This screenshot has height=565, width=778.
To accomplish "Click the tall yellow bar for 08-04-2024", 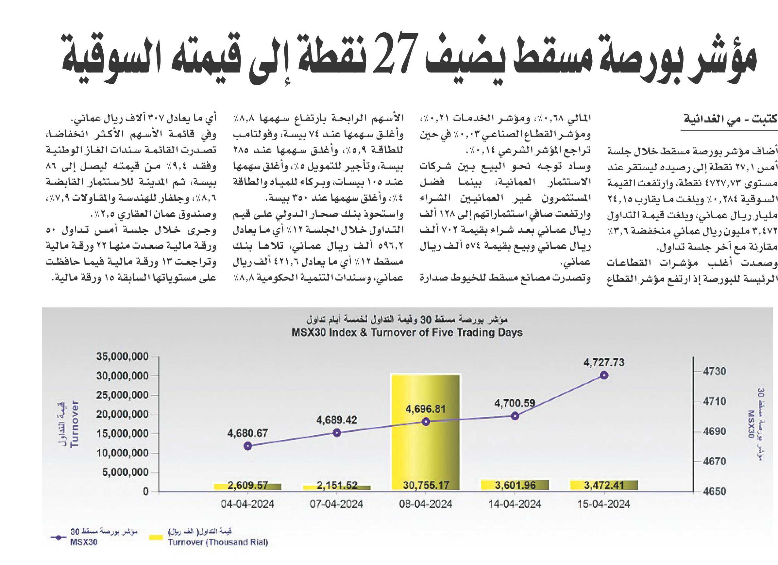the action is tap(425, 432).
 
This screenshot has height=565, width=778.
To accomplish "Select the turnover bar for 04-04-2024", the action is tap(247, 487).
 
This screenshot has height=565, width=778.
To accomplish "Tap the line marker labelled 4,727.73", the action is tap(604, 375).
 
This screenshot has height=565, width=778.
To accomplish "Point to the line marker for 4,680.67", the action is tap(248, 446).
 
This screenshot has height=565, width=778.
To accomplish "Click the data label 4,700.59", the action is tap(515, 404).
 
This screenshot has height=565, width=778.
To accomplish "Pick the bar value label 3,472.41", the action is tap(604, 486).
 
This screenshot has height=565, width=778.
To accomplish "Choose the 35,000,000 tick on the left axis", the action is tap(123, 357).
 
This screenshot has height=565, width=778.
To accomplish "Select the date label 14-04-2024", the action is tap(515, 504).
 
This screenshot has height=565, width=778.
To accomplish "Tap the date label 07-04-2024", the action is tap(336, 504).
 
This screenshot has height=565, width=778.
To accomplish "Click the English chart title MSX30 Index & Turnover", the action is tap(407, 333).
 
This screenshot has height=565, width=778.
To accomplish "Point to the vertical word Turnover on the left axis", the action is tap(75, 424).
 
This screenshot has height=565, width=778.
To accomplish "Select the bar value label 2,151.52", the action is tap(337, 486).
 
